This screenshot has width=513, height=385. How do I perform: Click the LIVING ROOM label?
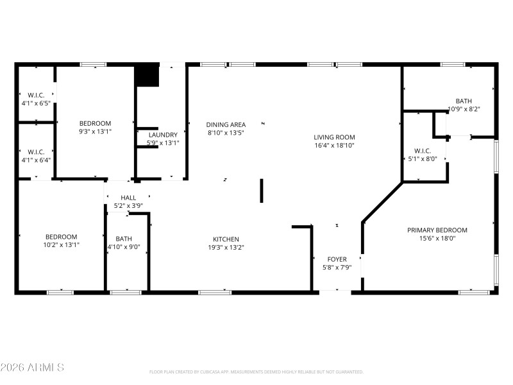[333, 137]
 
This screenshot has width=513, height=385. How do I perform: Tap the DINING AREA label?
[226, 124]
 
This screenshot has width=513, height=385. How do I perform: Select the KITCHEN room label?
[226, 239]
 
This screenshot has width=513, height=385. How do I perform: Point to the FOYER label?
[337, 259]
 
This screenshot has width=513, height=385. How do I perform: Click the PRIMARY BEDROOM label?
[437, 230]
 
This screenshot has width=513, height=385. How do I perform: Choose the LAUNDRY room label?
[162, 135]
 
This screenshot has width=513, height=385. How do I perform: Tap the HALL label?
[128, 198]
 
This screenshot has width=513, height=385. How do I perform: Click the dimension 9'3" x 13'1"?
[95, 132]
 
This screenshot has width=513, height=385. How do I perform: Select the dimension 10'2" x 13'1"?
[61, 244]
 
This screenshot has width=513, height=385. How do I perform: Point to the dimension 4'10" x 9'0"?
[124, 247]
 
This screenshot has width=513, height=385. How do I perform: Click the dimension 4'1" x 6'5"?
[36, 103]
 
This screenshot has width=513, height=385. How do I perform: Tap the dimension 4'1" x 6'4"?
[36, 160]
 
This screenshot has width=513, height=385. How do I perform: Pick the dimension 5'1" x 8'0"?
[422, 158]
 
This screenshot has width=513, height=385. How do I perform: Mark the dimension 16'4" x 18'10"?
[333, 146]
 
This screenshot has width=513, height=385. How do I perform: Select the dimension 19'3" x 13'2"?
[226, 247]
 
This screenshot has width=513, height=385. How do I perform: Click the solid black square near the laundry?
[147, 75]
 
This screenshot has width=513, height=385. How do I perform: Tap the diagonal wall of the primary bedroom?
[382, 203]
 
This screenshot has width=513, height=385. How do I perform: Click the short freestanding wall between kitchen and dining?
[262, 191]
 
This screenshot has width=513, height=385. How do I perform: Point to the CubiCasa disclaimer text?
[256, 372]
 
